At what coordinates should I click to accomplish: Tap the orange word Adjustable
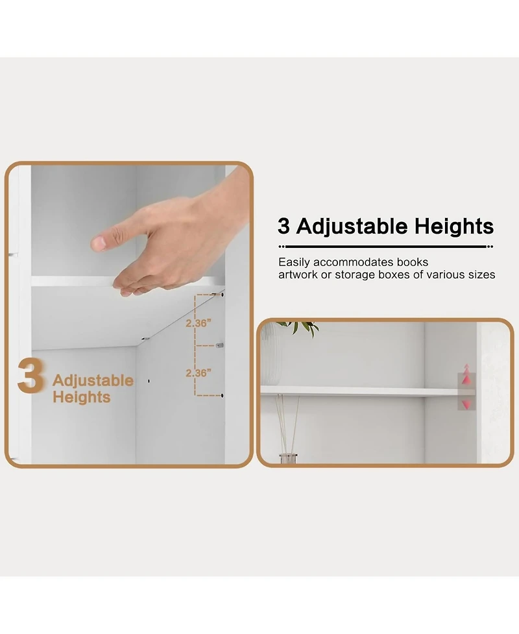[93, 380]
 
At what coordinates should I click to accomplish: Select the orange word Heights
[81, 396]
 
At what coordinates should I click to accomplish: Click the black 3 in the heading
[284, 226]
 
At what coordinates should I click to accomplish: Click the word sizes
[481, 274]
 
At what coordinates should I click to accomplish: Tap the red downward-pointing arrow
[465, 404]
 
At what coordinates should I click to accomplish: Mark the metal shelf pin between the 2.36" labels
[220, 345]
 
